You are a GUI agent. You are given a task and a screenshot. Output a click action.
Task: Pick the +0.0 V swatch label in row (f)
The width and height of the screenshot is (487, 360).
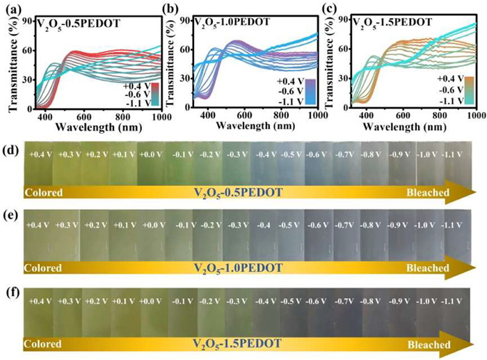pyautogui.click(x=151, y=301)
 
